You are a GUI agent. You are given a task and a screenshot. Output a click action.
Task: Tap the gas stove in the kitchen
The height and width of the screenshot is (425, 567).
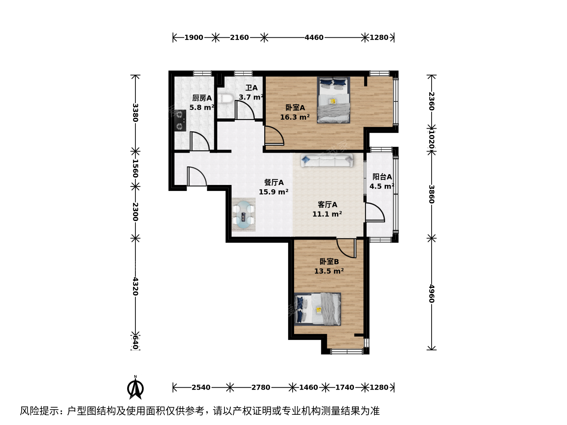(x=180, y=120)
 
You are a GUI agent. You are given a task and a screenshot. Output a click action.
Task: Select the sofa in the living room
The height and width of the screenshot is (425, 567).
(x=327, y=161)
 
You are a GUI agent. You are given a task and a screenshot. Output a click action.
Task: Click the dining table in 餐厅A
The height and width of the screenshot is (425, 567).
(x=244, y=214)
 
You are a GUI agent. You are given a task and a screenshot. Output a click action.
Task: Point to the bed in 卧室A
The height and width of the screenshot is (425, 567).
(x=334, y=100)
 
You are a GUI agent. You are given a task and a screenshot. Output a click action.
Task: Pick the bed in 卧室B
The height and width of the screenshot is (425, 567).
(x=317, y=309)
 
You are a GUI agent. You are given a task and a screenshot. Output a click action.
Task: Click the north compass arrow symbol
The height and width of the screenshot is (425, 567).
(x=135, y=388)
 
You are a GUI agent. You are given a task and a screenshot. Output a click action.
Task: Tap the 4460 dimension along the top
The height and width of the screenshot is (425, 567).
(x=314, y=38)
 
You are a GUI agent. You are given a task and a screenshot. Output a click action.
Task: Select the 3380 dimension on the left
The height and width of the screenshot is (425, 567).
(x=135, y=113)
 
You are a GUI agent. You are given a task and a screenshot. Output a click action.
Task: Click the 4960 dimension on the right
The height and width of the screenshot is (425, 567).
(x=432, y=294)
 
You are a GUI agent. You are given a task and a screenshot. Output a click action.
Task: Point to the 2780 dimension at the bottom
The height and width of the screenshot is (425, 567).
(x=261, y=387)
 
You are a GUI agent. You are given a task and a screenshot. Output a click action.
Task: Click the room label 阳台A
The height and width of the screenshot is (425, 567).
(x=382, y=177)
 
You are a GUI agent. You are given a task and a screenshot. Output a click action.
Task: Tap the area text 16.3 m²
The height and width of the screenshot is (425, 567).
(x=295, y=117)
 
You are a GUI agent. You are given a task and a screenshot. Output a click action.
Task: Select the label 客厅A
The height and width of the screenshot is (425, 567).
(x=327, y=205)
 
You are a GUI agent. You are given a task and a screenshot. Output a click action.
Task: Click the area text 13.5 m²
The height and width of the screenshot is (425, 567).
(x=329, y=271)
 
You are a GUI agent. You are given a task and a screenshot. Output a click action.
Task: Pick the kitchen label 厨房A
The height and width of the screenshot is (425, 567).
(x=202, y=98)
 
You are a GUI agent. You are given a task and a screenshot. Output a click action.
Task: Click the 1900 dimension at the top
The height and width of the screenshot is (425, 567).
(x=194, y=38)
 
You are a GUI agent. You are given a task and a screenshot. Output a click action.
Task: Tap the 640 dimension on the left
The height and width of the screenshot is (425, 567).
(x=135, y=342)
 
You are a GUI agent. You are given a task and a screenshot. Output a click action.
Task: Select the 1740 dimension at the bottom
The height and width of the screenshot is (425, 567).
(x=345, y=387)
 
